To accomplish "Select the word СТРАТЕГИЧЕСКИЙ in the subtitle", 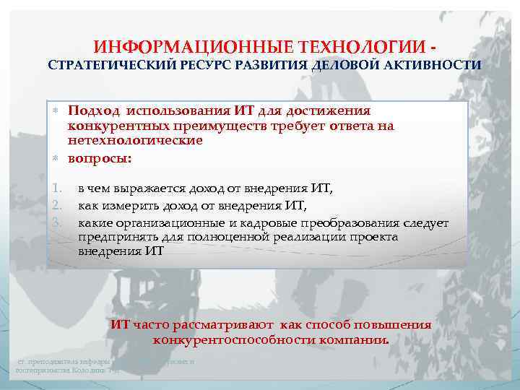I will point(106,65).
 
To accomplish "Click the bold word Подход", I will point(94,110).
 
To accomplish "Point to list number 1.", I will point(56,189).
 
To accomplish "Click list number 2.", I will point(56,206).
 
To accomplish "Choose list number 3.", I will point(56,222).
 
